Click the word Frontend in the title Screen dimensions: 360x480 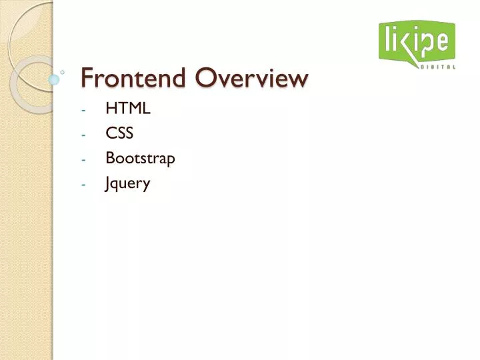click(134, 79)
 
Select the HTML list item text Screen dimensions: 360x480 click(127, 109)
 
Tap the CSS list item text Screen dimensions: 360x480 click(119, 133)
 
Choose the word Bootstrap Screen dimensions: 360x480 click(140, 159)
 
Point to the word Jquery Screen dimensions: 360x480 click(127, 184)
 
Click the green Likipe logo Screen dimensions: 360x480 click(417, 41)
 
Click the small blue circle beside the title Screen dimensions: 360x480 click(54, 79)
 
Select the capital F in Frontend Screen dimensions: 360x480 click(87, 79)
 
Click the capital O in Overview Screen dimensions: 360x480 click(204, 79)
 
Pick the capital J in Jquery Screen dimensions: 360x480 click(108, 184)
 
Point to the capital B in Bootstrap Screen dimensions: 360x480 click(109, 159)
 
